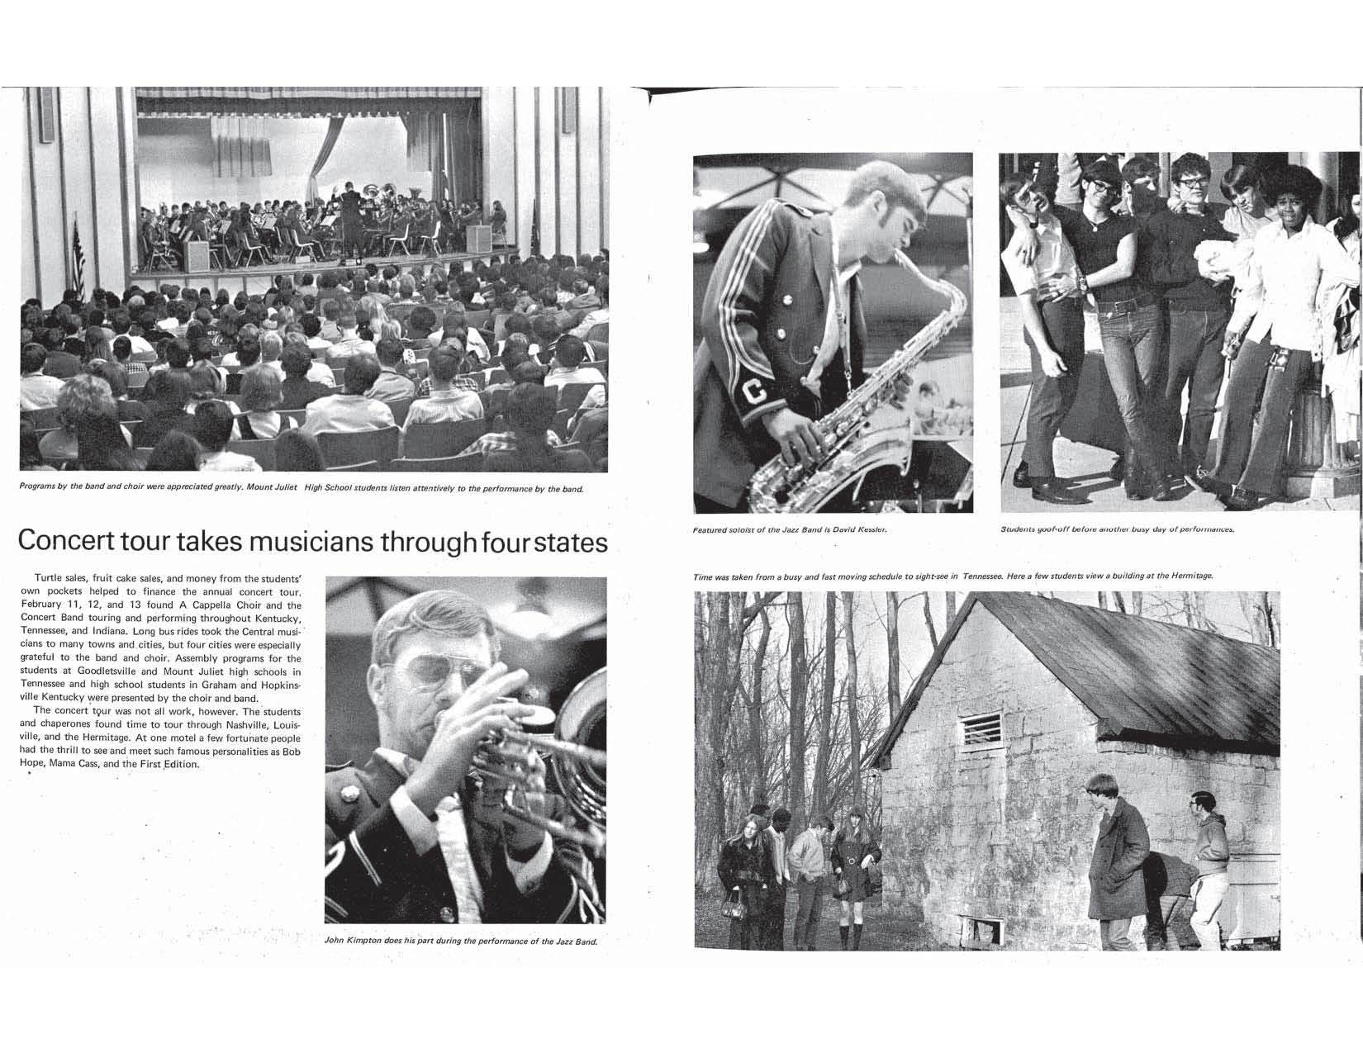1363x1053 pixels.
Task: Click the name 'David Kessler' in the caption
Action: click(864, 529)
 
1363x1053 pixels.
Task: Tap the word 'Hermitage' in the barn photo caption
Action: click(1190, 576)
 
